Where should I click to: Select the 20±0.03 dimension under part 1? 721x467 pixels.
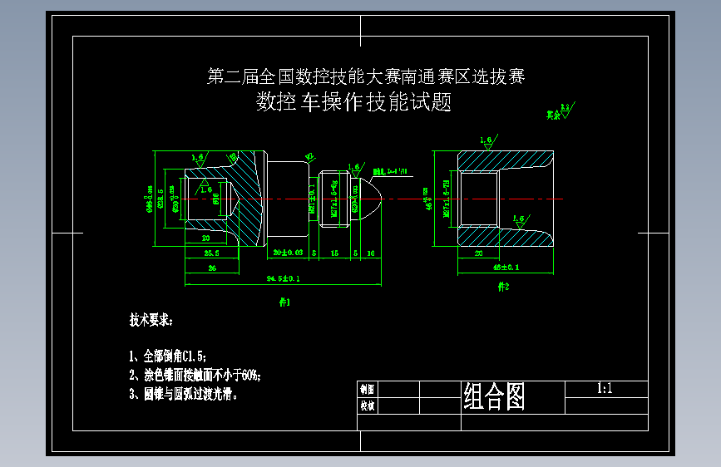click(288, 252)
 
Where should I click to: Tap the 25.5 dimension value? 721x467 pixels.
click(211, 253)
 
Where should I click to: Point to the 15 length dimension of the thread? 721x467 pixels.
click(334, 252)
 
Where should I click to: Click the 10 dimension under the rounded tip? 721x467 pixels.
click(370, 252)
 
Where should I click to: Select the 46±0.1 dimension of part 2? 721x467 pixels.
click(506, 268)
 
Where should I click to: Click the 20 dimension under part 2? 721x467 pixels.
click(478, 253)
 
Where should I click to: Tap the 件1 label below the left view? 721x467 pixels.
click(284, 302)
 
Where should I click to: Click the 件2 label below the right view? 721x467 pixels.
click(502, 287)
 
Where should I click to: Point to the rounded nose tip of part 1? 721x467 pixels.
click(379, 199)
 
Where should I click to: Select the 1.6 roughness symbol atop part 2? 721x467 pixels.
click(486, 140)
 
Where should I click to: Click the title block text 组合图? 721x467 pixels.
click(494, 397)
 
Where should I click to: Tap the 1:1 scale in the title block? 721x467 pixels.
click(605, 388)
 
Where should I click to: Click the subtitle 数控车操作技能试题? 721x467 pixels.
click(353, 102)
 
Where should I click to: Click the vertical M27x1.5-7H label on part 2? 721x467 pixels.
click(447, 199)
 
